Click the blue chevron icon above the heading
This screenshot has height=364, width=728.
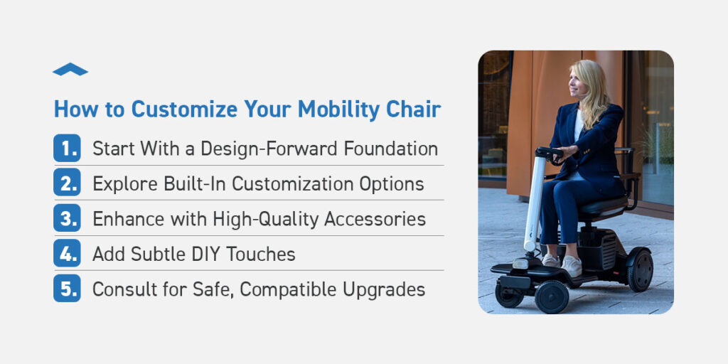tap(70, 70)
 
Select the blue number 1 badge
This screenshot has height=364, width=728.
tap(67, 148)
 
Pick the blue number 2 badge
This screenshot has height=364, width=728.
tap(67, 183)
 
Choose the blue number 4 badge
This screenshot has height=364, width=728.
tap(67, 253)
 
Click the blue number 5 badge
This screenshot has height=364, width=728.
tap(67, 289)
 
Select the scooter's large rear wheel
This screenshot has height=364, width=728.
tap(640, 270)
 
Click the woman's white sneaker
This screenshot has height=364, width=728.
tap(572, 266)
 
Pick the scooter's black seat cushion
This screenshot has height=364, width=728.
tap(602, 206)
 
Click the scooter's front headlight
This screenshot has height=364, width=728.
tap(520, 264)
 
